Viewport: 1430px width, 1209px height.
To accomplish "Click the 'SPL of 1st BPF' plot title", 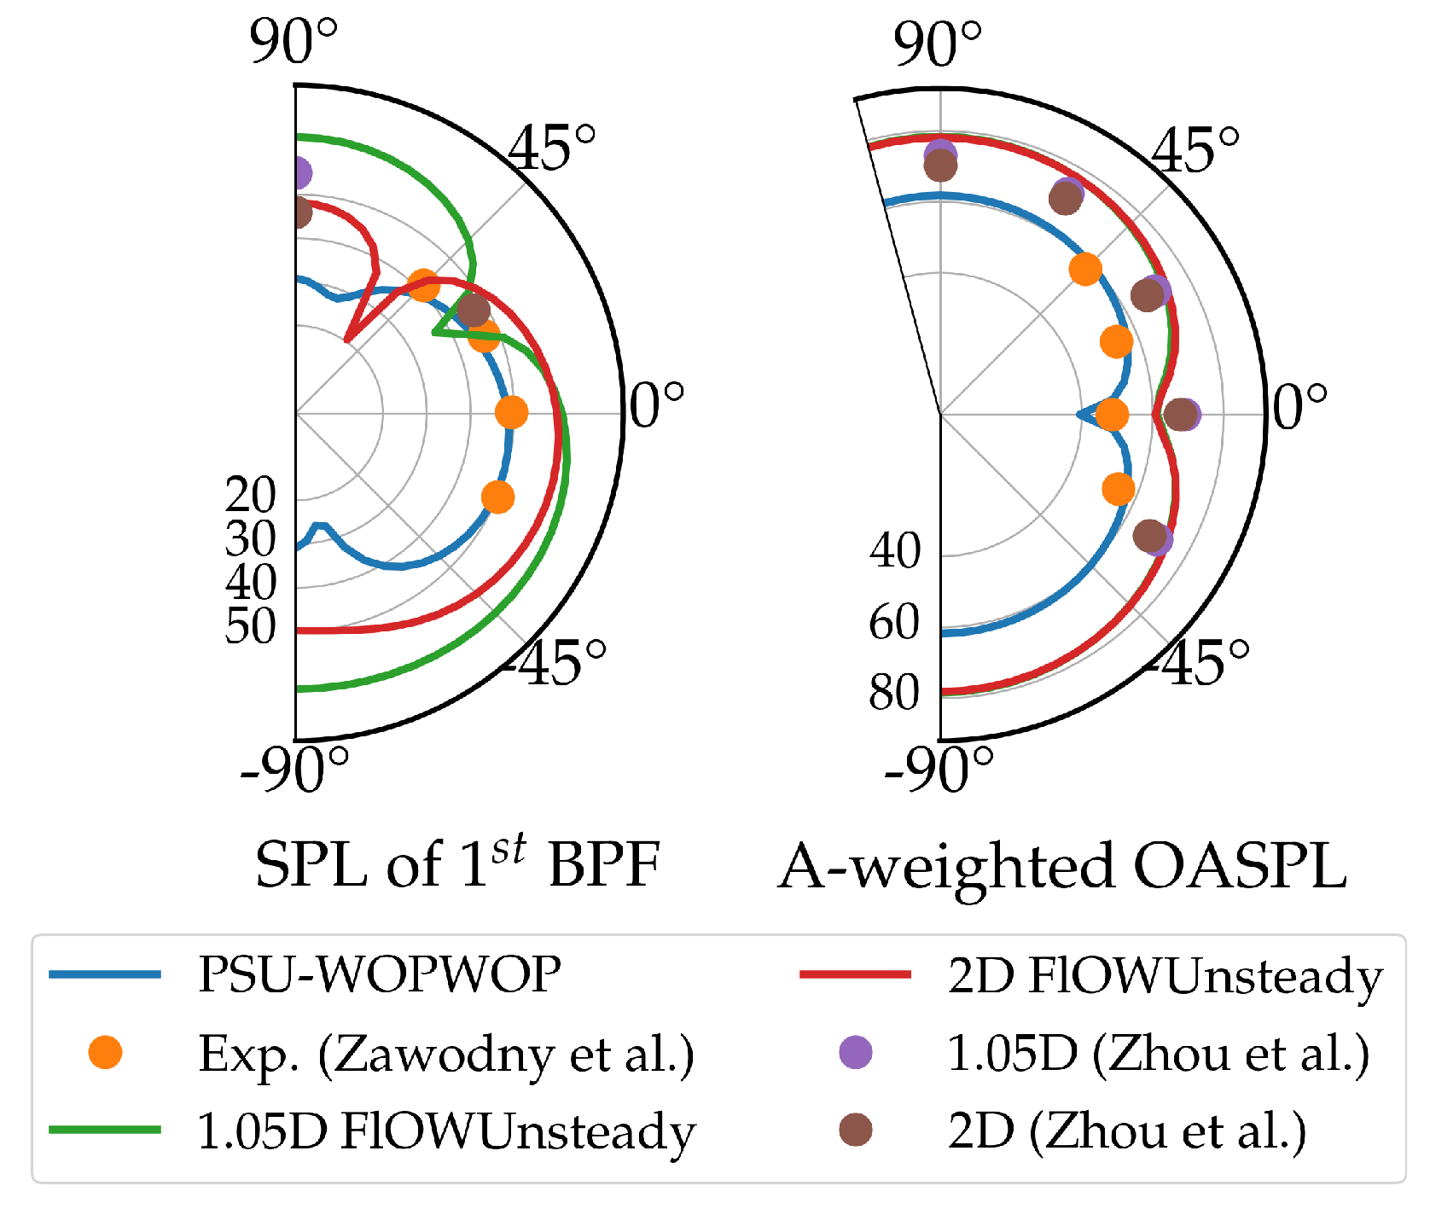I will pos(458,863).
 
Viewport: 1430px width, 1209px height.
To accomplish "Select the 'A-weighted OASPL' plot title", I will pos(1062,865).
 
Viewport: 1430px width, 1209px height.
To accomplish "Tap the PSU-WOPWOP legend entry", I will pos(379,974).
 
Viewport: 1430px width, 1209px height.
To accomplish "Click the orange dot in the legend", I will pos(106,1052).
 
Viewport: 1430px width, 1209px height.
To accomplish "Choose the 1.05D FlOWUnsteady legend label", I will pos(446,1131).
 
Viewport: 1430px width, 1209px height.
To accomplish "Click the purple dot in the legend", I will pos(856,1052).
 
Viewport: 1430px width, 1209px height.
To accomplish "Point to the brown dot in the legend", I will pos(856,1131).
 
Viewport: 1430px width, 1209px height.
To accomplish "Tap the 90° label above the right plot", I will pos(938,44).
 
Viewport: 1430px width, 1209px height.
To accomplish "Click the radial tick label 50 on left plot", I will pos(251,627).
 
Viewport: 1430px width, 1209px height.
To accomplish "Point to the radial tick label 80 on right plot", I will pos(894,693).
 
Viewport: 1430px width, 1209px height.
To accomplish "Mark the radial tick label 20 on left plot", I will pos(251,495).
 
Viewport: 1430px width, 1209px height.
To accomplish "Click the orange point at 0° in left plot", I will pos(511,412).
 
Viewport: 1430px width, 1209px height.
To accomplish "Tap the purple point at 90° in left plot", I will pos(299,173).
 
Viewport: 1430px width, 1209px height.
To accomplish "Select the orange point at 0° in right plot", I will pos(1112,415).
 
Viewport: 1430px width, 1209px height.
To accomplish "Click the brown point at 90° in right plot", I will pos(940,166).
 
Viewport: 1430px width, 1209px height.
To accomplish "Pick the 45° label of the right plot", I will pos(1195,149).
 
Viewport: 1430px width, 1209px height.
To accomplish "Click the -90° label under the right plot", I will pos(939,768).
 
